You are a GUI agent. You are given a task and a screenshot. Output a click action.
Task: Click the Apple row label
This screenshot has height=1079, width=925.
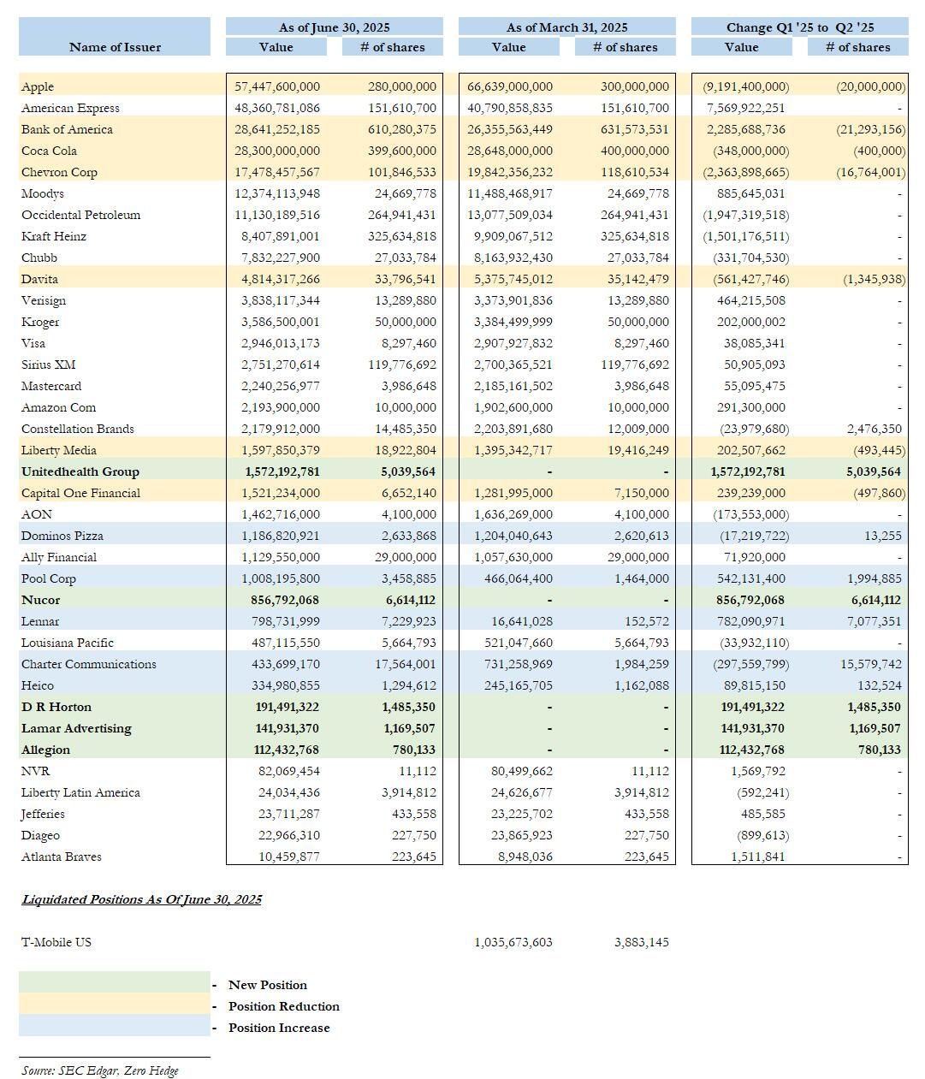point(38,86)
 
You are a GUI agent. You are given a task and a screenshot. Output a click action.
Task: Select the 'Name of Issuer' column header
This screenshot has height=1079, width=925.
point(115,47)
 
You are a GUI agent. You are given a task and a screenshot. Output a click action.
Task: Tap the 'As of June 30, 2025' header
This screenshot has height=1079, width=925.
point(334,27)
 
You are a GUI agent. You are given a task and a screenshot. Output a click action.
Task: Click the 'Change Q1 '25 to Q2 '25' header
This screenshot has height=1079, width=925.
point(799,27)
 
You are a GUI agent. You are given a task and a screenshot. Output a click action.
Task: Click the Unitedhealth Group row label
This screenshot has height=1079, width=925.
point(80,471)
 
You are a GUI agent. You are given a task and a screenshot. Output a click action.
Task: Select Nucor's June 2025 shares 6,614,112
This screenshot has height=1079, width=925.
point(410,600)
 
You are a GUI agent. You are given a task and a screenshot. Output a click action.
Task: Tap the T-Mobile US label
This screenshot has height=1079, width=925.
point(56,942)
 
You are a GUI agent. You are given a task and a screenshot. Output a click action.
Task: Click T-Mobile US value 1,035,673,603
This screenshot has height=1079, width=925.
point(513,942)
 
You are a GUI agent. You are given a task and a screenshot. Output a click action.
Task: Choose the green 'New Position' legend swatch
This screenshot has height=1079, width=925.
point(114,982)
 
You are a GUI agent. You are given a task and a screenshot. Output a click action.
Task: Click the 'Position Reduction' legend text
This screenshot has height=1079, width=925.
point(283,1006)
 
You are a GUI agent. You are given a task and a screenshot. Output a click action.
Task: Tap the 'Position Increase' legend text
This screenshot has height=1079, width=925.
point(278,1028)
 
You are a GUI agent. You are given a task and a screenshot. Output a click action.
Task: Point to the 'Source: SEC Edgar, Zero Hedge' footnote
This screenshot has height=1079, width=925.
point(100,1070)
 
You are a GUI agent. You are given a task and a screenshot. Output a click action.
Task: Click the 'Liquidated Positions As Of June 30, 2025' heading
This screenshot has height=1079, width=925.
point(142,899)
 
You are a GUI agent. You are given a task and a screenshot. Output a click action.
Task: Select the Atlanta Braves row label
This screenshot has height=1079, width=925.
point(62,857)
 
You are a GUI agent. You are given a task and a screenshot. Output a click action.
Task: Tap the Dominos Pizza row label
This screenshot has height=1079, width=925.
point(62,536)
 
